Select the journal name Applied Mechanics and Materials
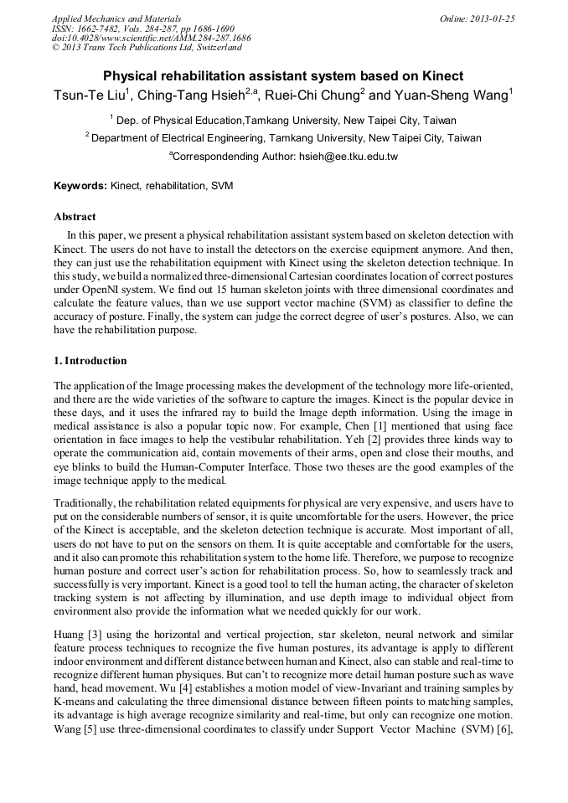pos(116,18)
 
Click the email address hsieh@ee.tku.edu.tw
pos(349,157)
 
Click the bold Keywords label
pos(80,185)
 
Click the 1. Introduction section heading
pos(90,361)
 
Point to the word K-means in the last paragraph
pos(78,689)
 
